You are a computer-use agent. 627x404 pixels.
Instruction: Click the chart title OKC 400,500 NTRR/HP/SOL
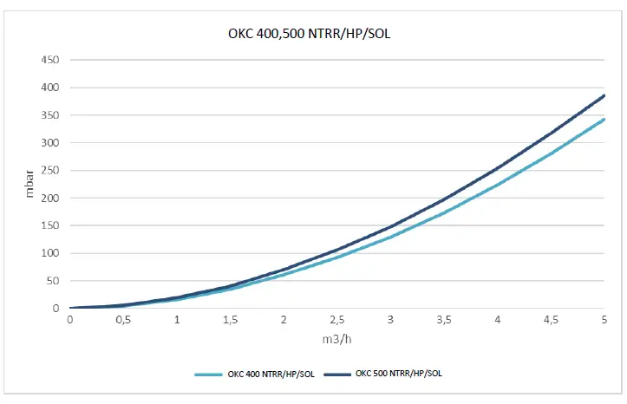[x=312, y=36]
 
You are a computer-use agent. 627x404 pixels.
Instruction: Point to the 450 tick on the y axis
[x=51, y=61]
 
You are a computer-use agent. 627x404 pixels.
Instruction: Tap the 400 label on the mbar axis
[x=51, y=88]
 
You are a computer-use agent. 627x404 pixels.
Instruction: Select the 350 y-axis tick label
[x=51, y=115]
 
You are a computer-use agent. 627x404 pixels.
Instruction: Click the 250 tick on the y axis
[x=51, y=171]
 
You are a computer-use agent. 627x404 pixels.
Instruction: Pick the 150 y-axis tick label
[x=51, y=226]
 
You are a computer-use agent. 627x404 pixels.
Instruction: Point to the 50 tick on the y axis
[x=54, y=281]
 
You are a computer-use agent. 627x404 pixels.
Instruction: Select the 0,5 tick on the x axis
[x=123, y=320]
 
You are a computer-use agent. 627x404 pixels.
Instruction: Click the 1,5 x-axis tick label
[x=230, y=320]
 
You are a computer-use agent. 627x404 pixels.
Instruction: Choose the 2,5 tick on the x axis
[x=337, y=320]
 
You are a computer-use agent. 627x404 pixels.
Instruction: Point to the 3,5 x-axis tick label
[x=444, y=320]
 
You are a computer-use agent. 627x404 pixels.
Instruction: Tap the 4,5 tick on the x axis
[x=551, y=320]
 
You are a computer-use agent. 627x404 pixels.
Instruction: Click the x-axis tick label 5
[x=604, y=320]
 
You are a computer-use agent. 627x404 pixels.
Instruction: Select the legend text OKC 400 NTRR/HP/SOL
[x=271, y=373]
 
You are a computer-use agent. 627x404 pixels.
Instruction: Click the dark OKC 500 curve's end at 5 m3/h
[x=604, y=95]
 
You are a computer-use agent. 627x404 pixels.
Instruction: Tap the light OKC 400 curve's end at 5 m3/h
[x=604, y=120]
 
